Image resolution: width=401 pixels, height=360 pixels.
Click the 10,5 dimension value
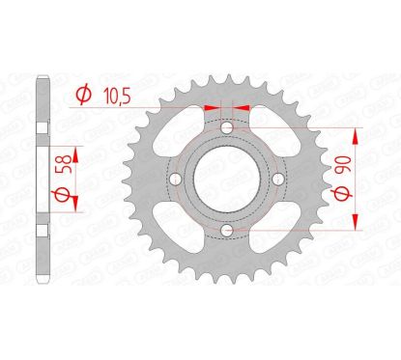[116, 94]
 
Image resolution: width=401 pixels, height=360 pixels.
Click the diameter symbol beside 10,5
[83, 94]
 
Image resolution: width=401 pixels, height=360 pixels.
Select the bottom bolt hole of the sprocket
[225, 229]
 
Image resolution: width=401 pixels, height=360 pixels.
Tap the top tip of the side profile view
[41, 75]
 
